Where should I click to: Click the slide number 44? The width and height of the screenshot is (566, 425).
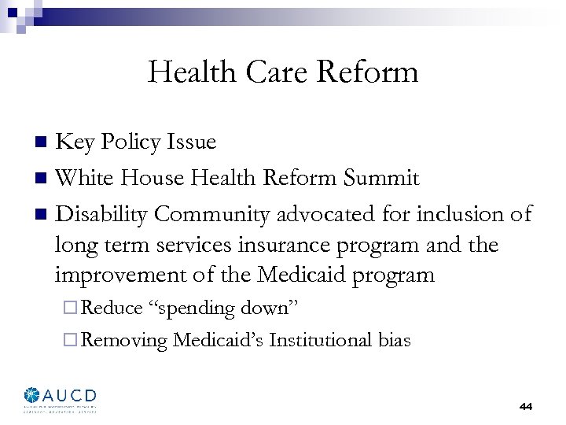(525, 407)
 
